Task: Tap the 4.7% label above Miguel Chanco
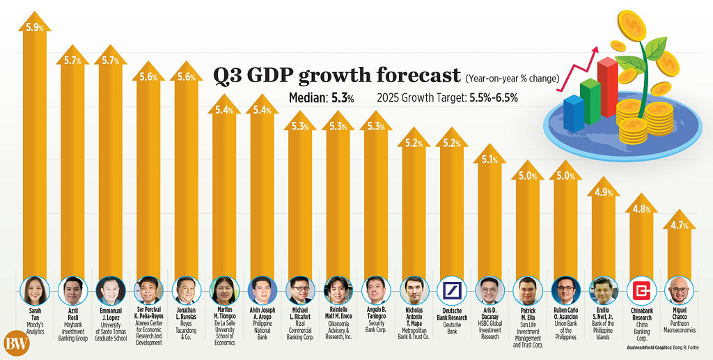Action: click(x=680, y=224)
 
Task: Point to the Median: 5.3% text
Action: click(x=321, y=98)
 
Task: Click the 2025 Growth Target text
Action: click(x=447, y=98)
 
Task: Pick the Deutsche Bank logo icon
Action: click(x=453, y=289)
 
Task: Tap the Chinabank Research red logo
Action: click(x=641, y=289)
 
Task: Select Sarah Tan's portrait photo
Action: click(x=35, y=289)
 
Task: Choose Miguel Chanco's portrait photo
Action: click(x=680, y=289)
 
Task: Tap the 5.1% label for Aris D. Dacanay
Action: click(x=490, y=159)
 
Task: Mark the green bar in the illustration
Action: click(x=590, y=101)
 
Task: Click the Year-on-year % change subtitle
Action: click(x=512, y=77)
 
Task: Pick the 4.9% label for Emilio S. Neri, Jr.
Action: click(x=603, y=192)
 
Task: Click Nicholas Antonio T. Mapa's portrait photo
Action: click(x=414, y=289)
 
